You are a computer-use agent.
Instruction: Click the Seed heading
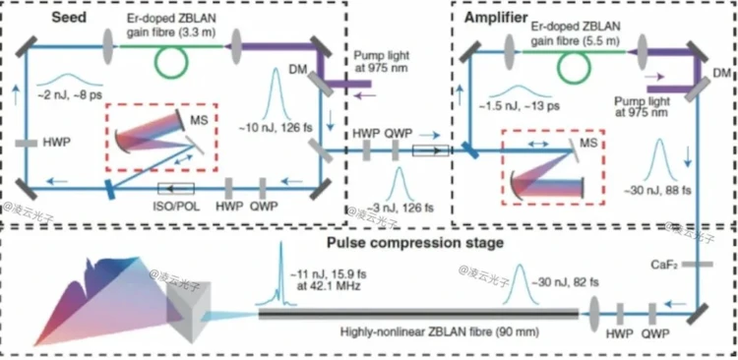[x=69, y=18]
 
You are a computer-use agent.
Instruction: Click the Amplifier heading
[x=496, y=18]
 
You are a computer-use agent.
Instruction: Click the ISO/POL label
[x=177, y=207]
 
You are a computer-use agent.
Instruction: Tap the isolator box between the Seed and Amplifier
[x=431, y=150]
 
